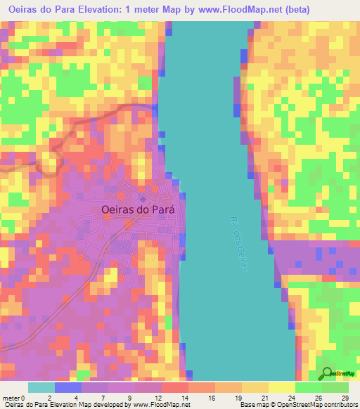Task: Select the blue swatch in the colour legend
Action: (x=67, y=387)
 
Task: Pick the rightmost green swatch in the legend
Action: (x=335, y=387)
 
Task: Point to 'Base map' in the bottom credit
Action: (x=254, y=404)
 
